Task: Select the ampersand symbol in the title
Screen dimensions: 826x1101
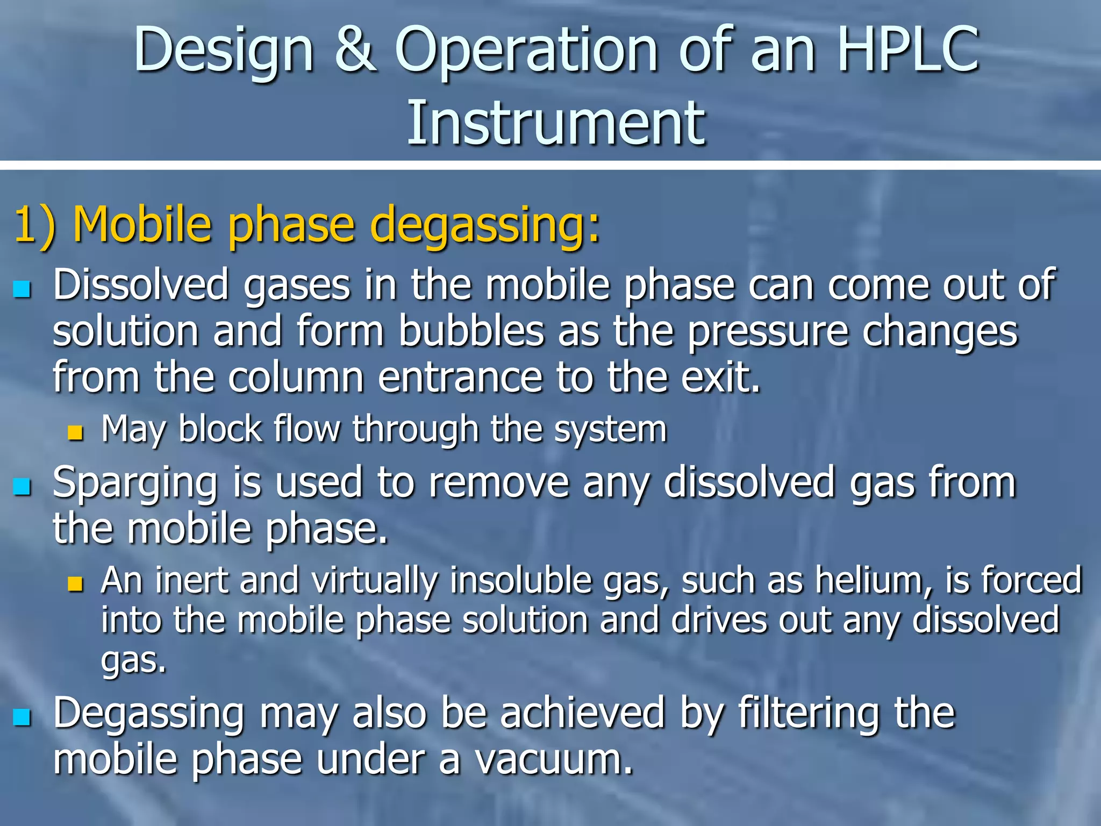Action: pos(355,49)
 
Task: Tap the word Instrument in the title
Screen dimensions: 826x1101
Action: pos(555,123)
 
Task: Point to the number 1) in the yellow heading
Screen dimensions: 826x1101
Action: pos(34,225)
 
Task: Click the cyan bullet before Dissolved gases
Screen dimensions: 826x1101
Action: pos(22,289)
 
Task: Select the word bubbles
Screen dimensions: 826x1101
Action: pos(471,332)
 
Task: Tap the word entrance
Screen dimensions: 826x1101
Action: pos(460,378)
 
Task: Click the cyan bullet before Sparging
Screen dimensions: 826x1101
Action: pos(22,487)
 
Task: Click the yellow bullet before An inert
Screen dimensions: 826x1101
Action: pos(76,584)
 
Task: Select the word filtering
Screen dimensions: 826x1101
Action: pos(808,714)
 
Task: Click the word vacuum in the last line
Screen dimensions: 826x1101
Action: pos(554,760)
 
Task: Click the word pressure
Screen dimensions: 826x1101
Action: pos(769,333)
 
